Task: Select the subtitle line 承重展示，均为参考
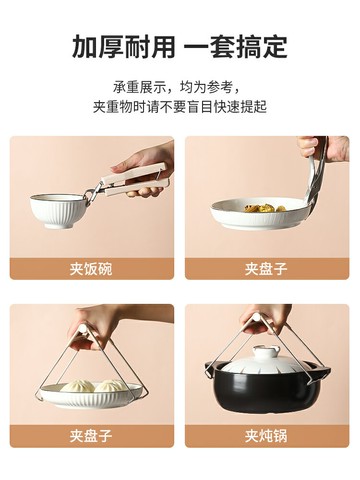[x=180, y=87]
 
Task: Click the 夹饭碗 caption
[x=92, y=268]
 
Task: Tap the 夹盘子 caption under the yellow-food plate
[x=267, y=268]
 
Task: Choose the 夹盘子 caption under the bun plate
[x=92, y=435]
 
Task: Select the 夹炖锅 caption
[x=267, y=435]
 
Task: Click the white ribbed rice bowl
[x=58, y=211]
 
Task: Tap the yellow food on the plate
[x=262, y=208]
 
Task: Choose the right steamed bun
[x=107, y=386]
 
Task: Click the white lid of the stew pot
[x=266, y=360]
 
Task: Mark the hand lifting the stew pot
[x=266, y=318]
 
